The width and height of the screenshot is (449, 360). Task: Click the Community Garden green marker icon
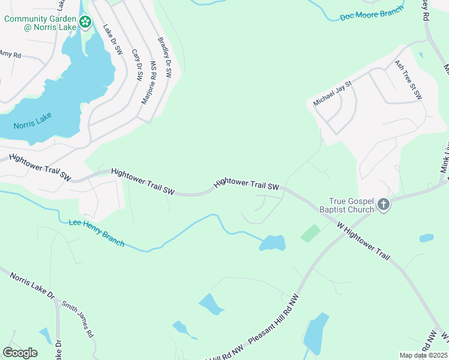(x=86, y=23)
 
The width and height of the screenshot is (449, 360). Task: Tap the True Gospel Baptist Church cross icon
(x=384, y=206)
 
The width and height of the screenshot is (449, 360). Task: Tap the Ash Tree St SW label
(x=409, y=79)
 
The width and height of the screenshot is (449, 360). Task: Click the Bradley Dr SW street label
(x=164, y=58)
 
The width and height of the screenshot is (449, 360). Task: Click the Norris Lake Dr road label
(x=32, y=286)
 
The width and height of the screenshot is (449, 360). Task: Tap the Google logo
(x=20, y=353)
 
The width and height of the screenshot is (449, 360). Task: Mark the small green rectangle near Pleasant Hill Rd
(x=310, y=233)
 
